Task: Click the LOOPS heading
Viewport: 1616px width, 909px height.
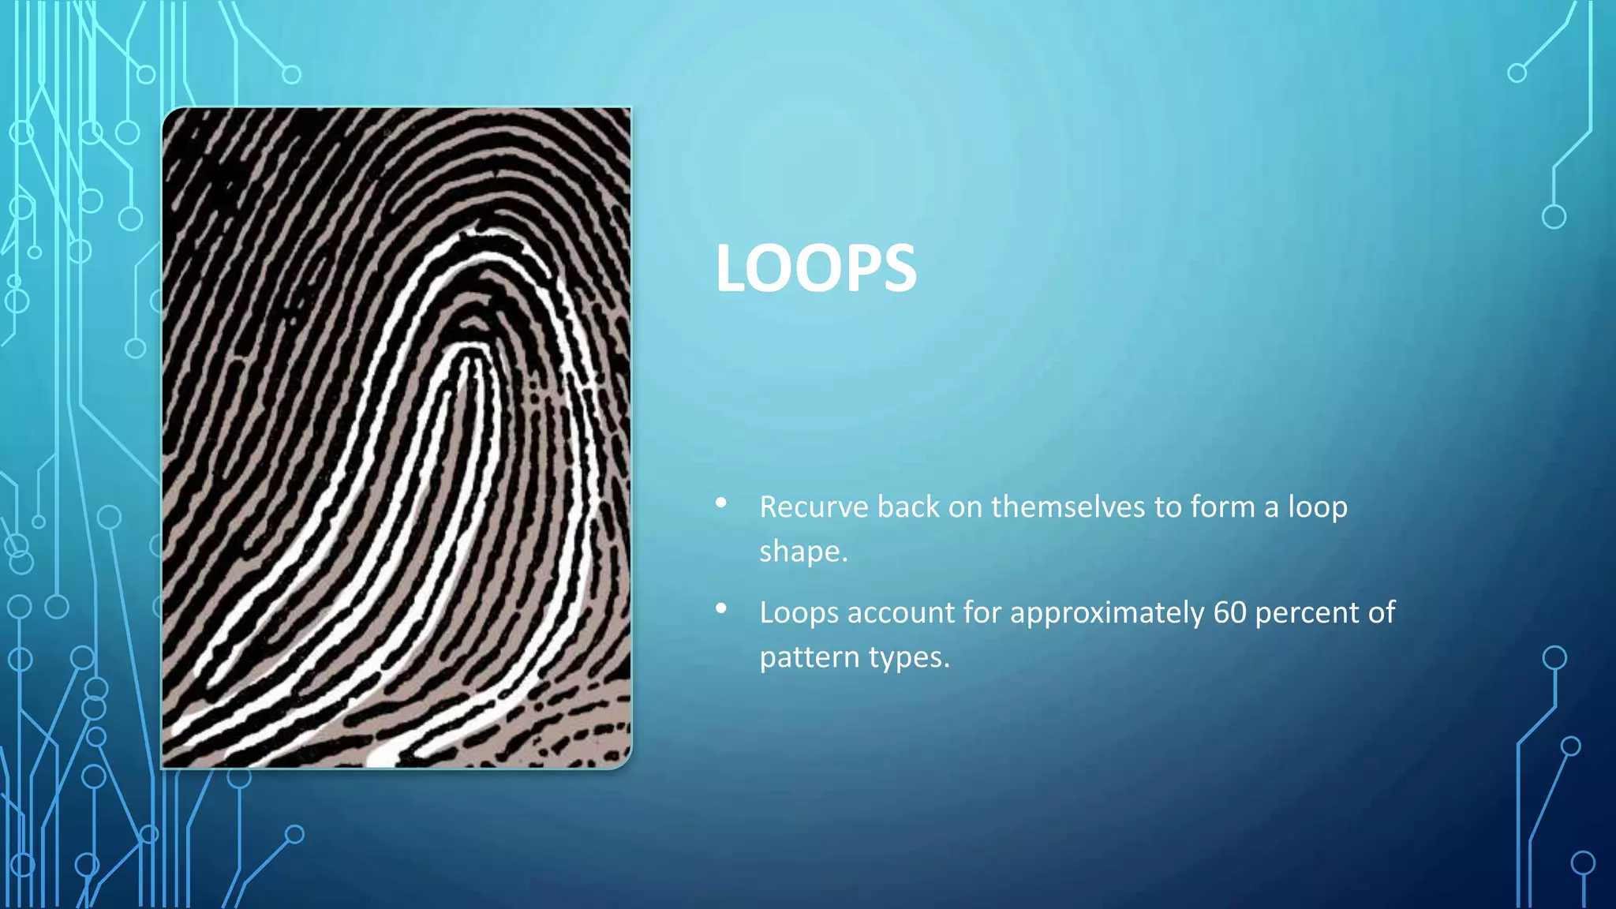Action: (816, 268)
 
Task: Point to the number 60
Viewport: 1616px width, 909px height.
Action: (1229, 612)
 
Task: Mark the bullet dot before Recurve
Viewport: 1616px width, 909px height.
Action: (721, 503)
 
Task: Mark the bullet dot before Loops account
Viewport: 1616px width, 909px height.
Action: (721, 608)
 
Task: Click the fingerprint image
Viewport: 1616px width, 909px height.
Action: (396, 438)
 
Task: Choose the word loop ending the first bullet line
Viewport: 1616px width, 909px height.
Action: (1318, 507)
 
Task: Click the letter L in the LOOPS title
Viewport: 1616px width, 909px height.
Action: (731, 268)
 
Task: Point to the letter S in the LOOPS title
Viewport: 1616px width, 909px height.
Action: (898, 268)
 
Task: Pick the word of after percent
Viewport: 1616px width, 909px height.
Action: (1382, 612)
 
